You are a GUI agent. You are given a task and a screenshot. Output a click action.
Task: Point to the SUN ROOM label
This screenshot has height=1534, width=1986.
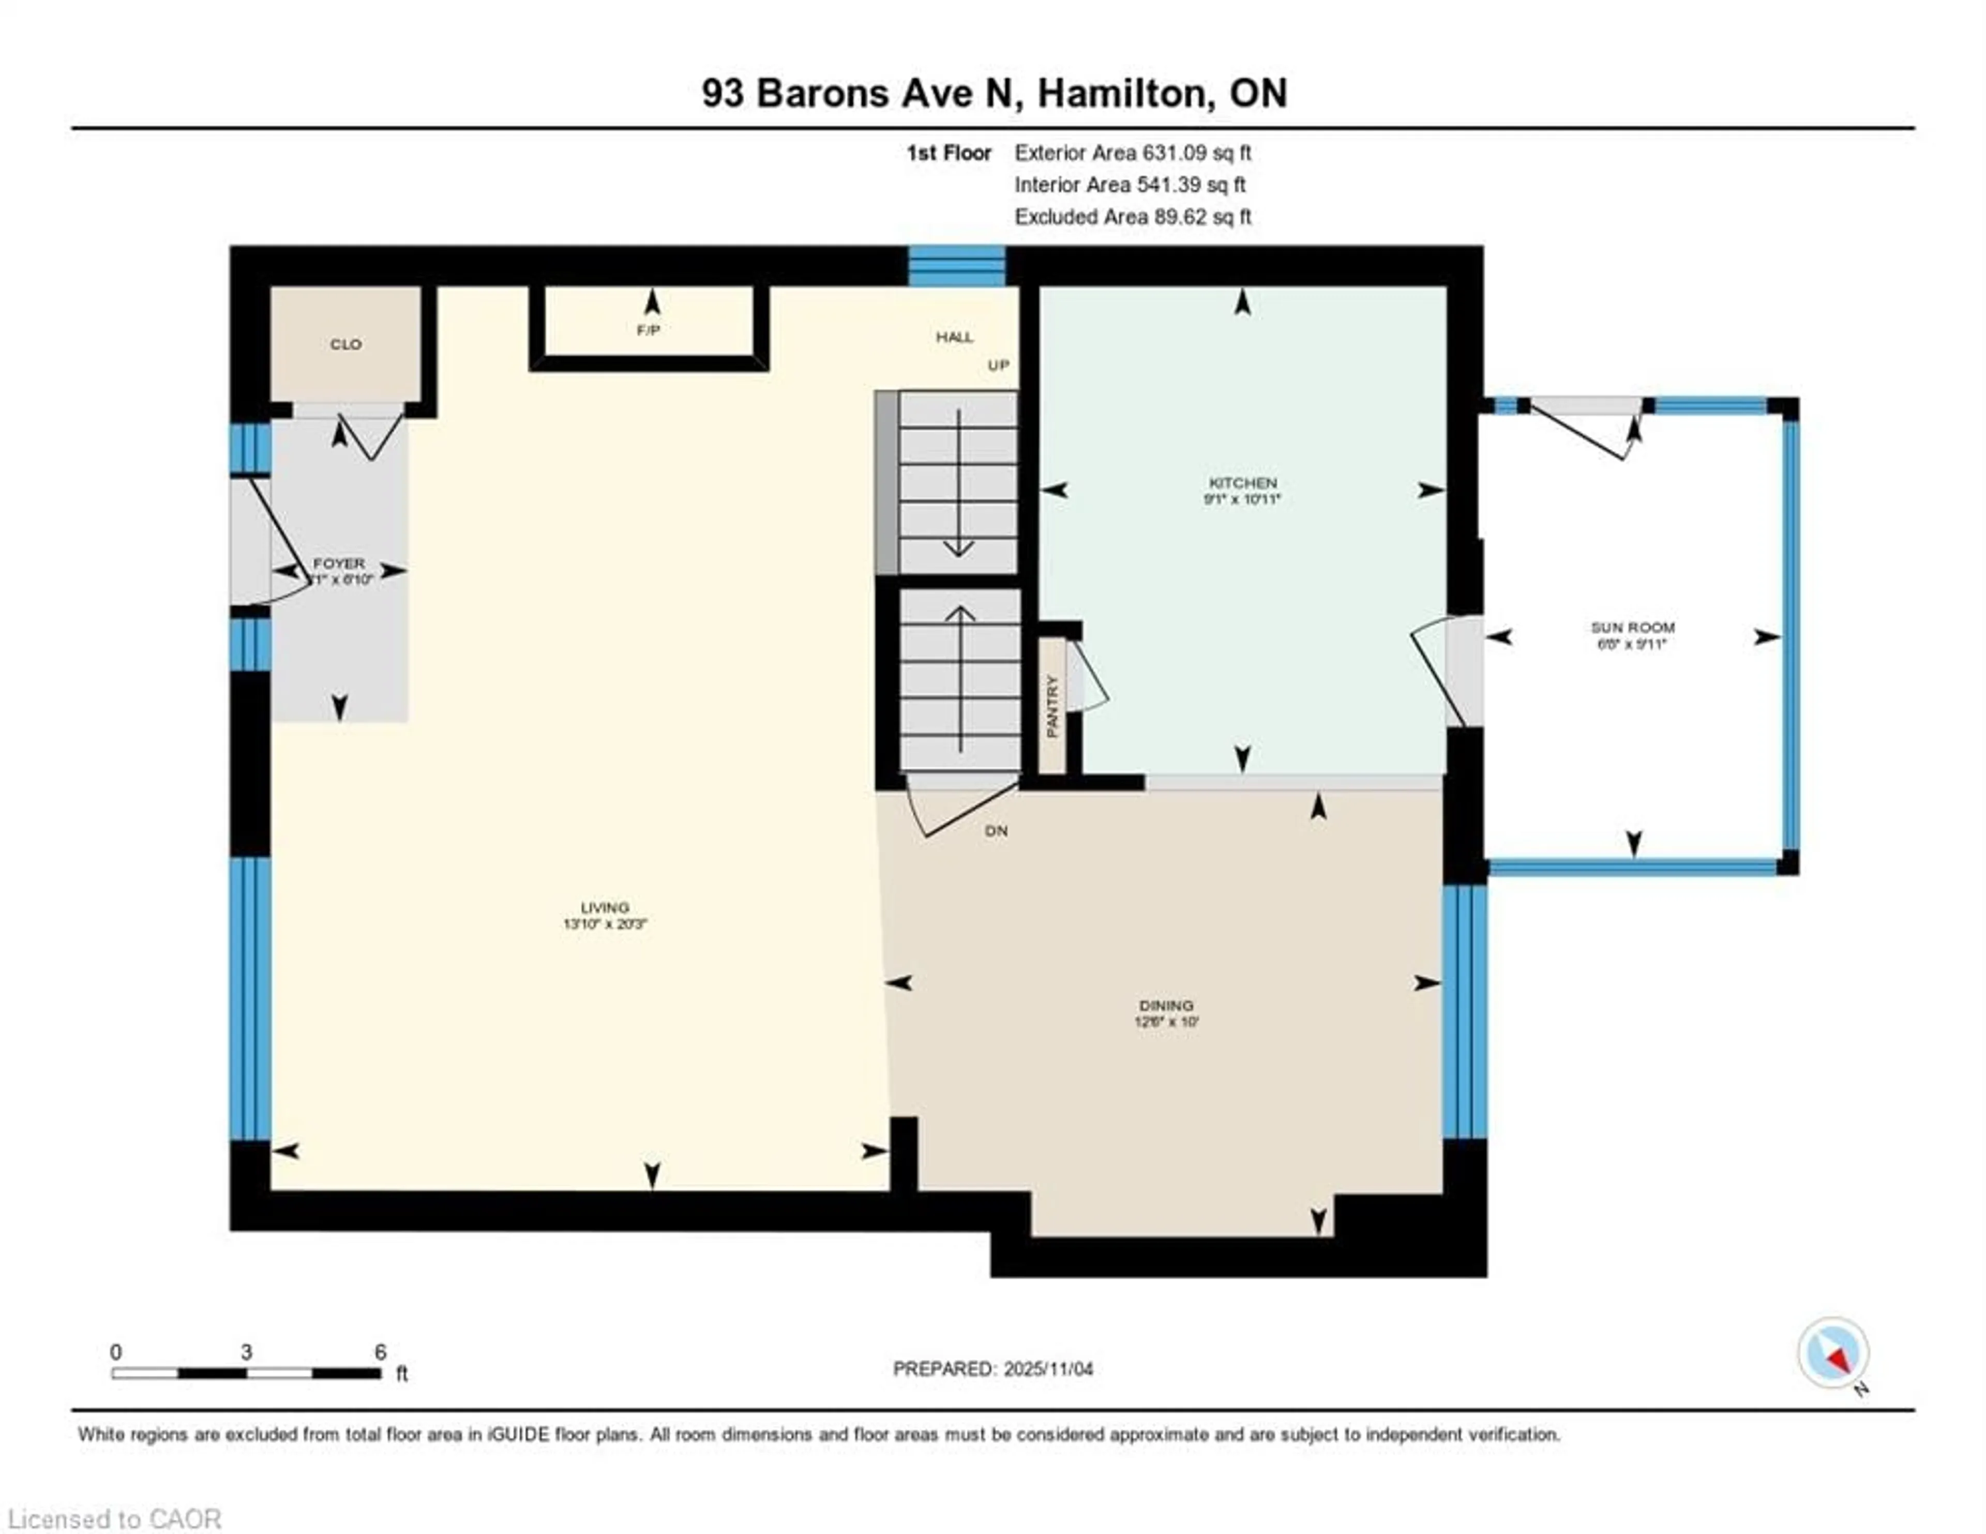pyautogui.click(x=1632, y=628)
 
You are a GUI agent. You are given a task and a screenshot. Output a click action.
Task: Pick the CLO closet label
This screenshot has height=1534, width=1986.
pyautogui.click(x=345, y=344)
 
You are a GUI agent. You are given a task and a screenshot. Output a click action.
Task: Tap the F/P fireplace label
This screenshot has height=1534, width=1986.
pyautogui.click(x=648, y=330)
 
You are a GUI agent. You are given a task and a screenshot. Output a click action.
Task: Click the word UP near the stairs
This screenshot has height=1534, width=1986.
pyautogui.click(x=999, y=366)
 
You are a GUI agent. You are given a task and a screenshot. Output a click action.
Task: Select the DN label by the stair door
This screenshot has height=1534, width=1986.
pyautogui.click(x=996, y=830)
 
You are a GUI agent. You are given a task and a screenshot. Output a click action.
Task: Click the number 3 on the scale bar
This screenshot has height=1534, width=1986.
pyautogui.click(x=246, y=1352)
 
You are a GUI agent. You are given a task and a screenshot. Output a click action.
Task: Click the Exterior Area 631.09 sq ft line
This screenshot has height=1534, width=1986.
pyautogui.click(x=1132, y=153)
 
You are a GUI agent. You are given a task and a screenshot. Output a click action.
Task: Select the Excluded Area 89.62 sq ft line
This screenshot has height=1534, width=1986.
pyautogui.click(x=1132, y=217)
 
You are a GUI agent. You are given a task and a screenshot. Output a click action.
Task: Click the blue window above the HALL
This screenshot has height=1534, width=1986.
pyautogui.click(x=957, y=266)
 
